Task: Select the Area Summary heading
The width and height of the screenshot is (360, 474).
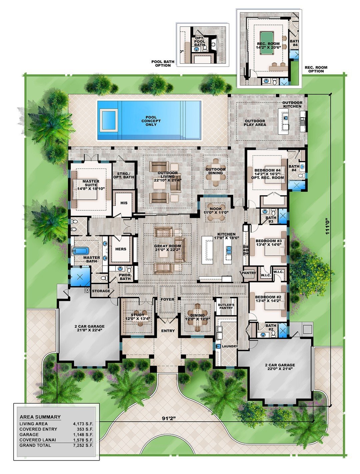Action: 40,417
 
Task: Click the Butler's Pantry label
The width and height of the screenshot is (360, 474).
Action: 226,307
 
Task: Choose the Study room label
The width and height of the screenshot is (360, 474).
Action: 137,317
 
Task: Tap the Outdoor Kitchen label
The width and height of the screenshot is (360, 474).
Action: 292,104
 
